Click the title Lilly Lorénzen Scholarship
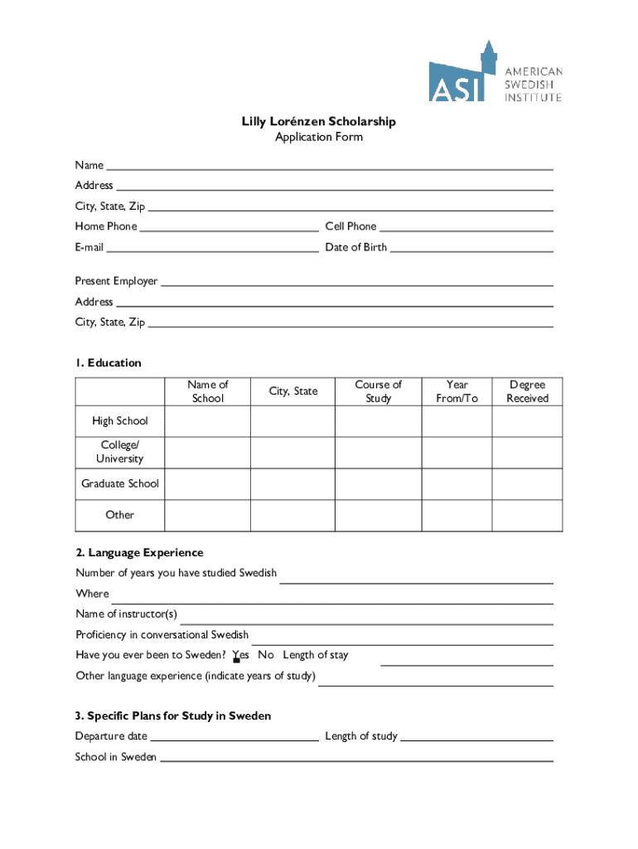point(319,122)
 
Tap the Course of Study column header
point(378,391)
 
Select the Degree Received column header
point(527,391)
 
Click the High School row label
point(120,421)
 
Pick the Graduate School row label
point(120,483)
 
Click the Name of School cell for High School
point(207,421)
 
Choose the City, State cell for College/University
point(292,452)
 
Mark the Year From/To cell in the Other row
point(457,515)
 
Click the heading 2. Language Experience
point(139,553)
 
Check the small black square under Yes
point(236,661)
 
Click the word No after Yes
point(266,655)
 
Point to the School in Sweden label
point(115,757)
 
